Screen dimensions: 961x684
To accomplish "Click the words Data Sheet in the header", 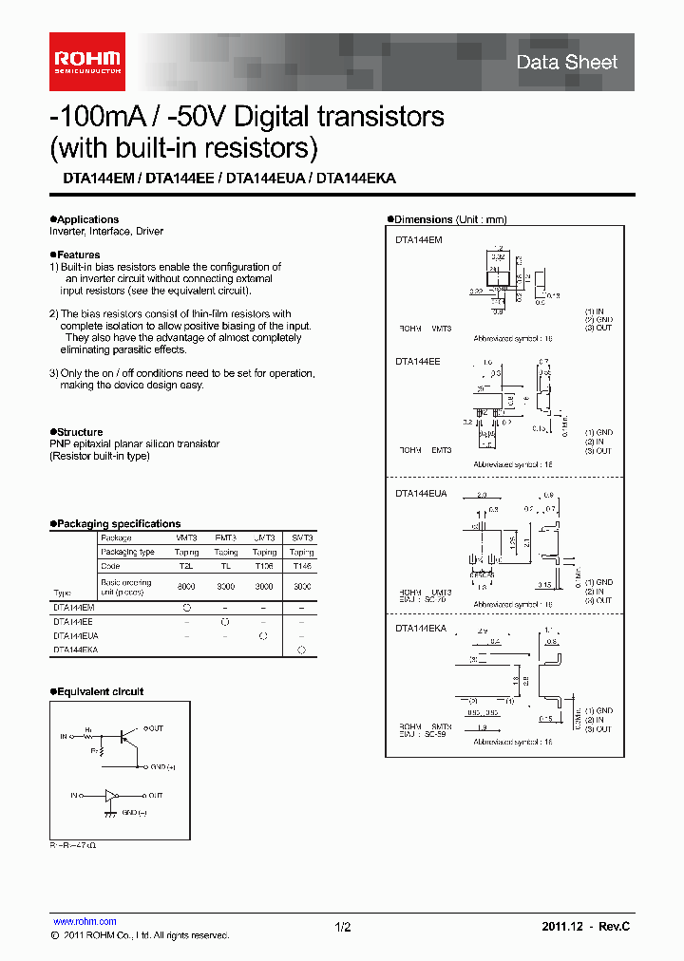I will coord(566,63).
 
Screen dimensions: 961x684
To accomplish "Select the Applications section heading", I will coord(87,219).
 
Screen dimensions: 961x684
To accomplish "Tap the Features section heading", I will coord(78,254).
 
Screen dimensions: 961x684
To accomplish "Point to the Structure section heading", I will coord(80,432).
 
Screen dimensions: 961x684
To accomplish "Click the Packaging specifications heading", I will coord(118,523).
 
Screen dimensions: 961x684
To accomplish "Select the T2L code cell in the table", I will coord(186,565).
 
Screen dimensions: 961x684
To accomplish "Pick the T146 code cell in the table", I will coord(301,565).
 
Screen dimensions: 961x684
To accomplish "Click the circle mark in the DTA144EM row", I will coord(186,605).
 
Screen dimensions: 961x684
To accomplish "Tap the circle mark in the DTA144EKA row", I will coord(301,650).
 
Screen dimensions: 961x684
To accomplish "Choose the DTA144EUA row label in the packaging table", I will coord(76,635).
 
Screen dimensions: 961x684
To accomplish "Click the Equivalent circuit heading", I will coord(100,691).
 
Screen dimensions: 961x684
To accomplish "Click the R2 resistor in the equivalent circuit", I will coord(101,750).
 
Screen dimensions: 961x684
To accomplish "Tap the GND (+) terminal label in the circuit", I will coord(162,765).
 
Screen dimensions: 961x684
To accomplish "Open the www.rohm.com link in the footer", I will coord(85,921).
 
